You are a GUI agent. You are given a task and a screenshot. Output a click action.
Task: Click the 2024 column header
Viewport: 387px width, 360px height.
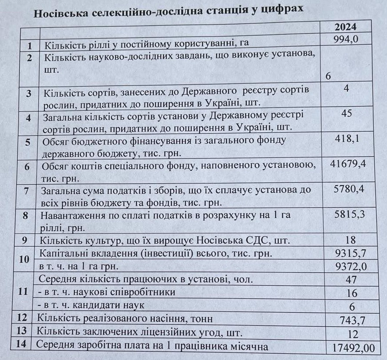coord(346,27)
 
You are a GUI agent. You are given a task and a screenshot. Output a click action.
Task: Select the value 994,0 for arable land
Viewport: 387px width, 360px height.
coord(347,40)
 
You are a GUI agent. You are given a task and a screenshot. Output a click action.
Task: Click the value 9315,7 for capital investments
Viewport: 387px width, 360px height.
coord(351,253)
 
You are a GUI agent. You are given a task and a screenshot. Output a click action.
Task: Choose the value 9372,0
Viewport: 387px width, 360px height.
coord(351,266)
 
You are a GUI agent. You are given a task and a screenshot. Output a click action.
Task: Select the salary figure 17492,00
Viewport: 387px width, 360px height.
coord(354,348)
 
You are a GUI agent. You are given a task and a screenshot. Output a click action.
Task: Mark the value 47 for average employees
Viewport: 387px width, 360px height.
coord(352,280)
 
